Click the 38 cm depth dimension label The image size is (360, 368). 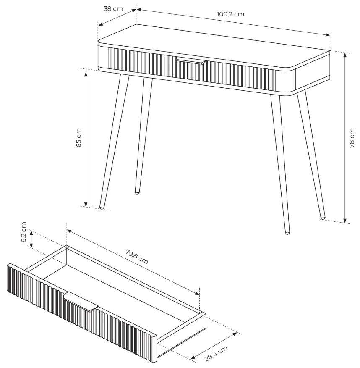point(113,9)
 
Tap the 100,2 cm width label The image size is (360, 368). point(230,14)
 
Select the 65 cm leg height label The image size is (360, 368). point(79,138)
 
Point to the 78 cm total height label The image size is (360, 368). point(352,138)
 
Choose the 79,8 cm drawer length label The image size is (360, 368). point(137,257)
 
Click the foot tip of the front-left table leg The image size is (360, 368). point(102,208)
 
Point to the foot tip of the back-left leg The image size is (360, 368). point(137,192)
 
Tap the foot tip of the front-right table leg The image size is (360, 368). point(287,233)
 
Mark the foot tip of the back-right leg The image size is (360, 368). point(323,218)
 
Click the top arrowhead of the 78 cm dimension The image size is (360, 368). point(345,55)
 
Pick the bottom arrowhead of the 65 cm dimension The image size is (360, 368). point(86,205)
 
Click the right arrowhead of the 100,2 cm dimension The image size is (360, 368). point(328,35)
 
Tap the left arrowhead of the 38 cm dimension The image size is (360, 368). point(100,24)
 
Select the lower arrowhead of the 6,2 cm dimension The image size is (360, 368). point(31,245)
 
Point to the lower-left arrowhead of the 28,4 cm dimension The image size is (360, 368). point(193,357)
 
